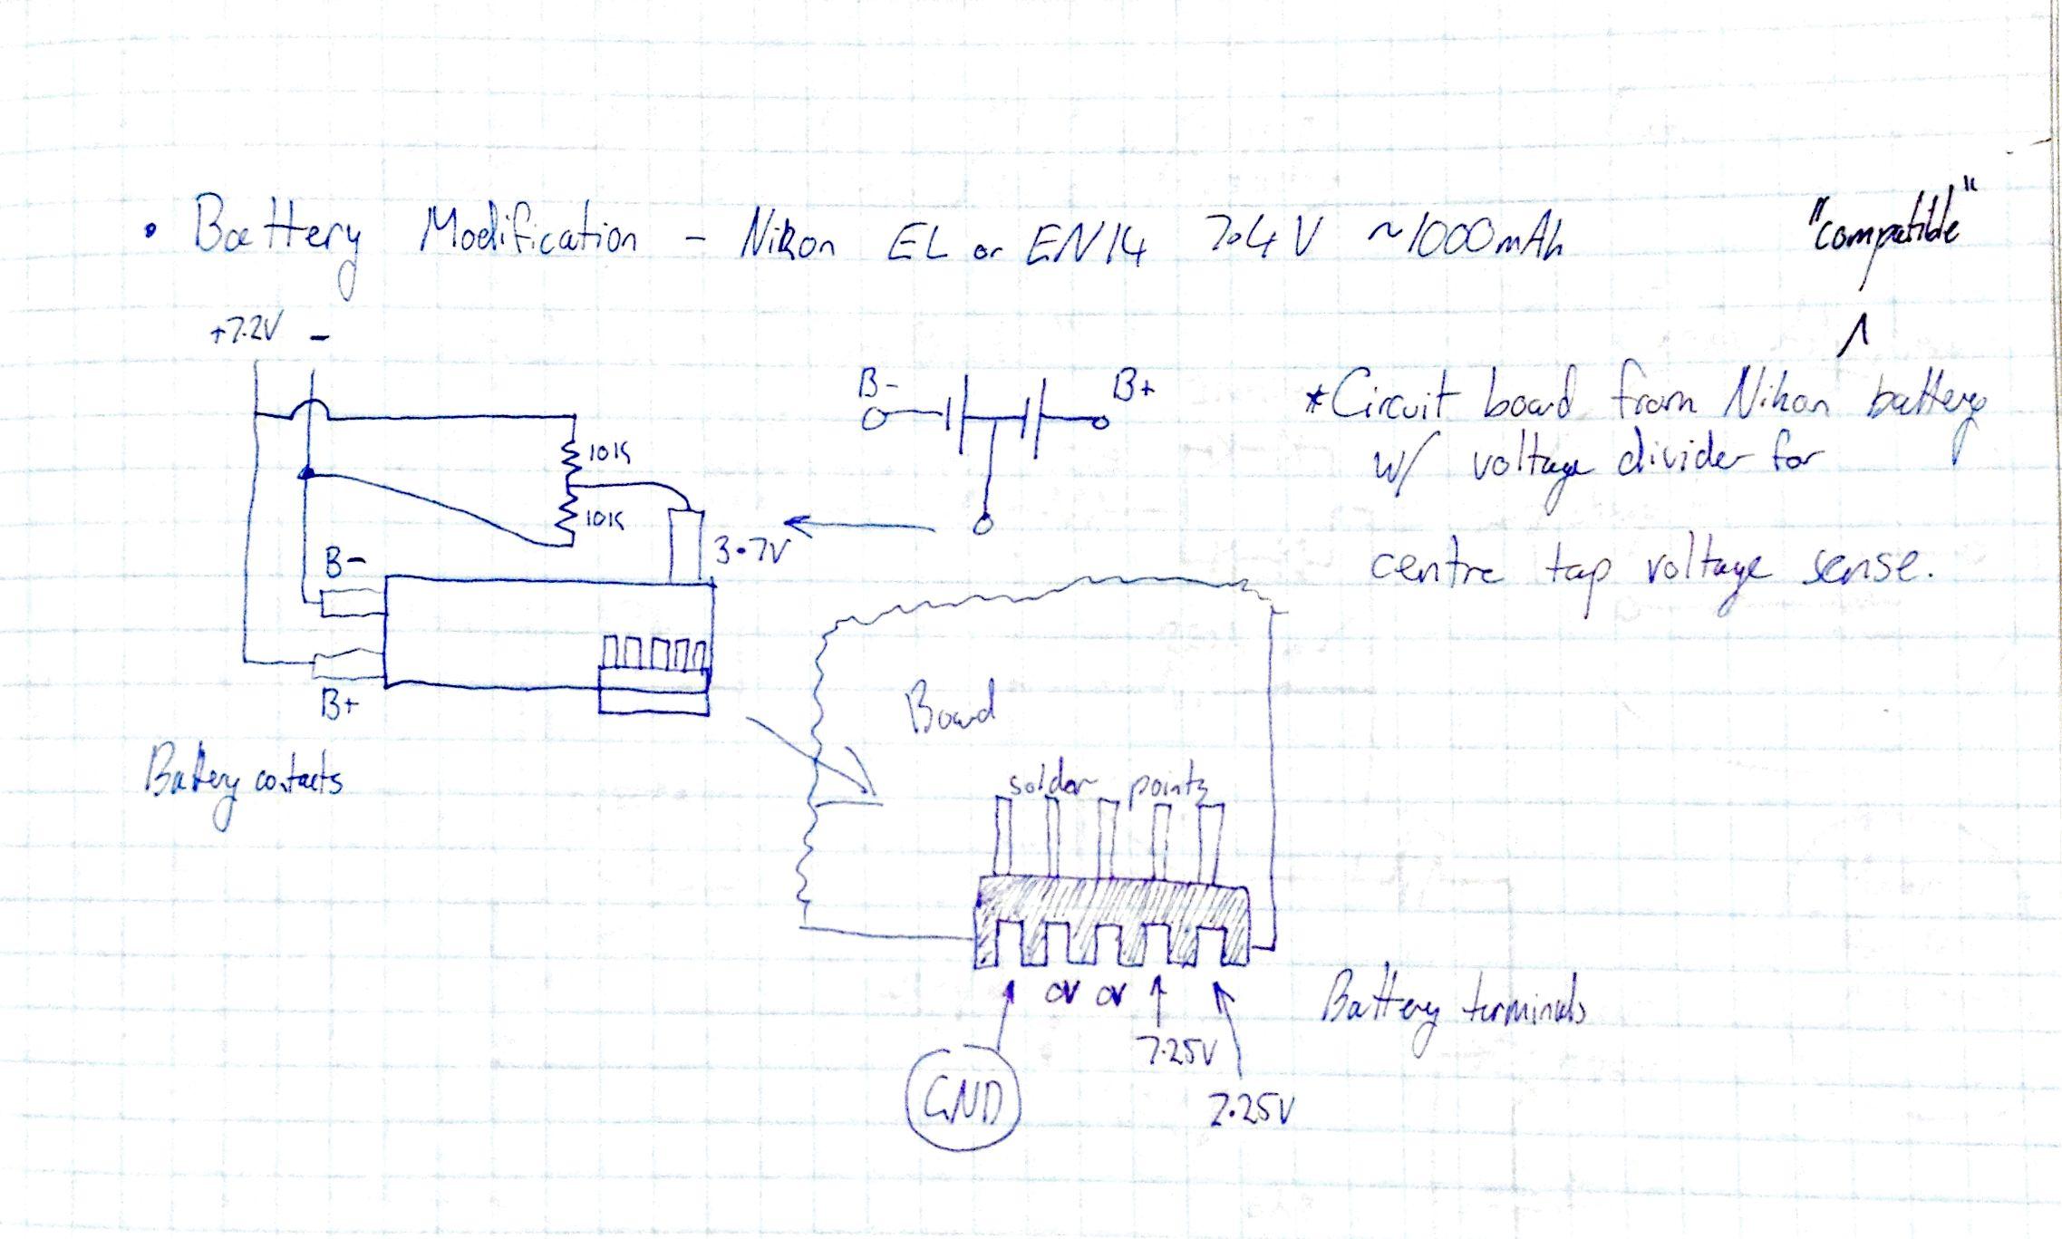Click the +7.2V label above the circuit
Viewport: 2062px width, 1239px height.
243,333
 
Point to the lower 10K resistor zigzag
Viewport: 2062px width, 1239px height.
567,519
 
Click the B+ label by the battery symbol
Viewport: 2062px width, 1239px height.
1134,389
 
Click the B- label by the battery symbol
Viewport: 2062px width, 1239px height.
877,387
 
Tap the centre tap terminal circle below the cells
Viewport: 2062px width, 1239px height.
981,525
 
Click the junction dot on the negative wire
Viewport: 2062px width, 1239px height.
306,473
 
